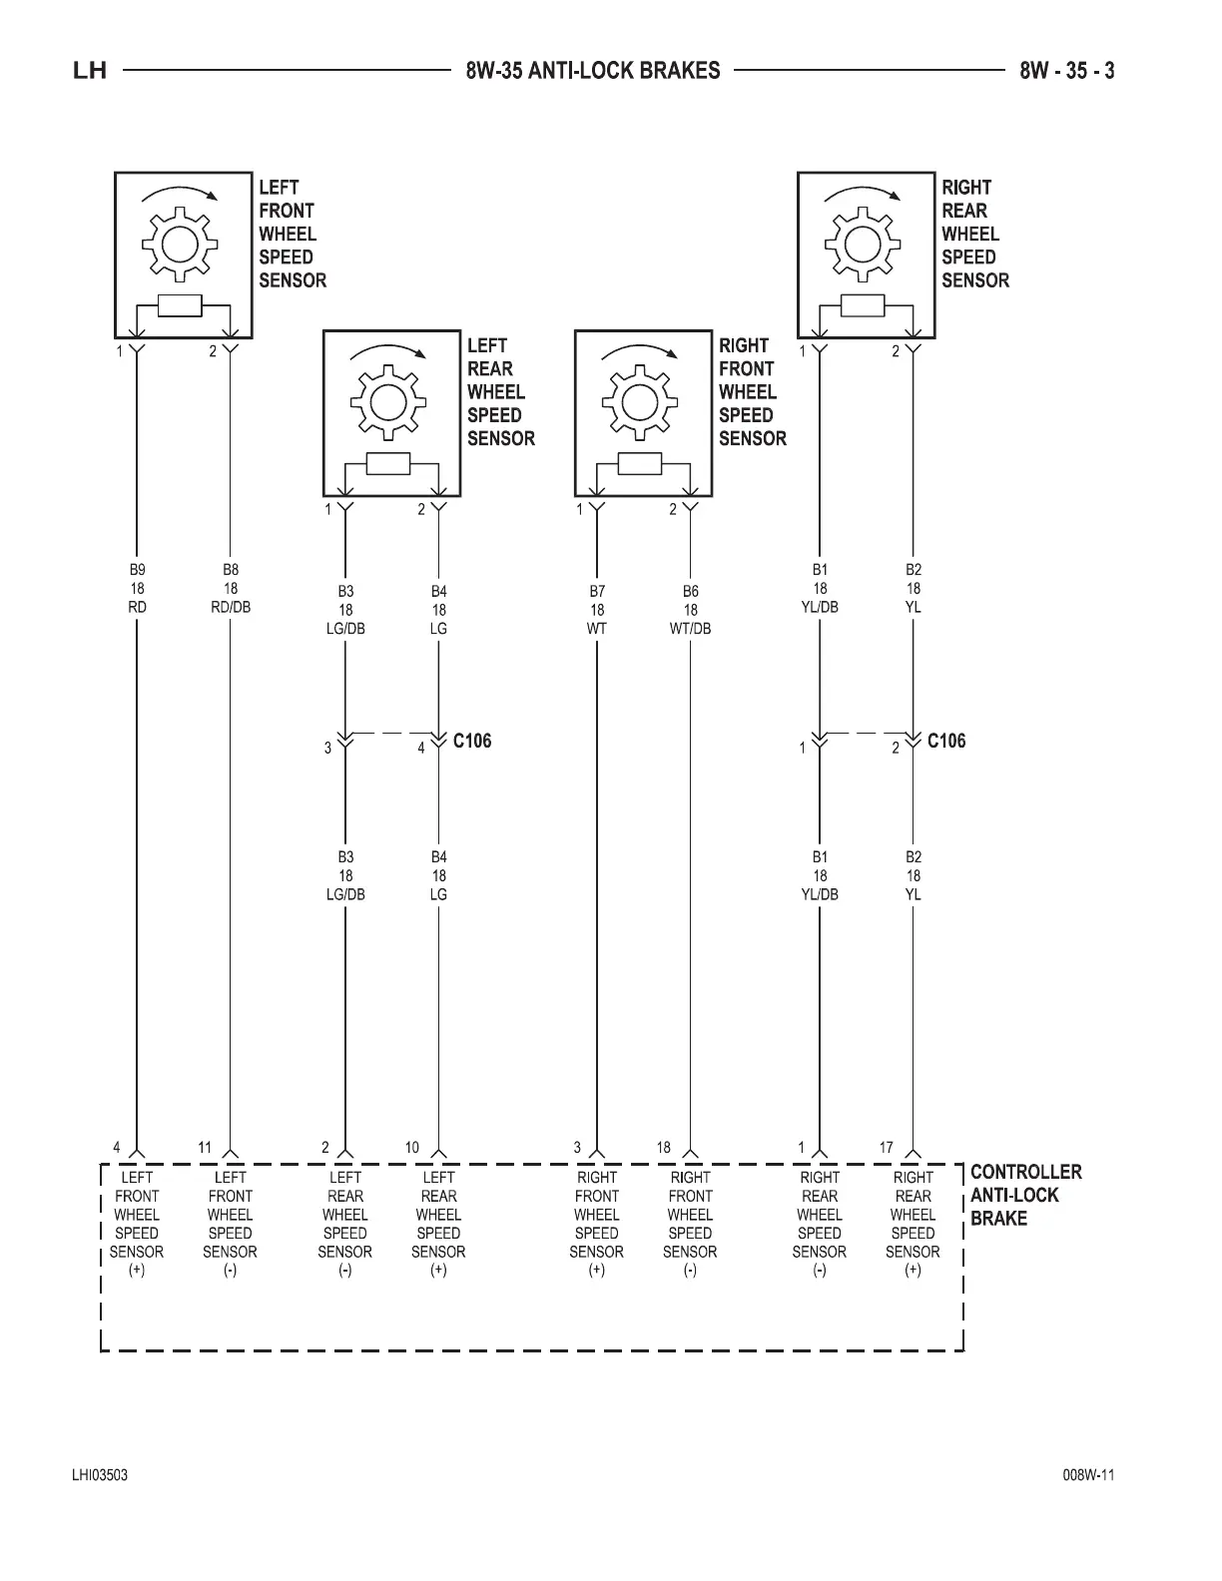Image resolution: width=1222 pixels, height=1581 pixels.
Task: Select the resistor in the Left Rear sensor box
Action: (388, 464)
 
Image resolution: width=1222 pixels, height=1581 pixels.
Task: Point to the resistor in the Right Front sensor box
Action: (640, 464)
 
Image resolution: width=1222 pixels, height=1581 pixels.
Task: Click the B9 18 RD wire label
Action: (138, 588)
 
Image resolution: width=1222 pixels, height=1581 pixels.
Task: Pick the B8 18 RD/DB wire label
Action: (231, 588)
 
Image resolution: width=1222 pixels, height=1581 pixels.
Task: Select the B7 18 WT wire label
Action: (597, 610)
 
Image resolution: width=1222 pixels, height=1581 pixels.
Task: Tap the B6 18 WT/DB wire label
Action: (691, 610)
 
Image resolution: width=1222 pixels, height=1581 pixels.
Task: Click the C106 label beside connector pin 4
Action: (472, 741)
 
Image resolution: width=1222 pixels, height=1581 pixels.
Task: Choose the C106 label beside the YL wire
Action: (946, 741)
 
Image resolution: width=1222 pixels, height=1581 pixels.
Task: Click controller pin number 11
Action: (205, 1148)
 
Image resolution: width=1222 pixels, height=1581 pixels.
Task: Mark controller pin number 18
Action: (664, 1148)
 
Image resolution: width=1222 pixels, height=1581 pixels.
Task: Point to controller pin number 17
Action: (887, 1148)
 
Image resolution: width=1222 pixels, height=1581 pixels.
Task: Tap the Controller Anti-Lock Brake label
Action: (1025, 1195)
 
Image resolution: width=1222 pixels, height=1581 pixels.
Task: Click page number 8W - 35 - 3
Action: (1067, 71)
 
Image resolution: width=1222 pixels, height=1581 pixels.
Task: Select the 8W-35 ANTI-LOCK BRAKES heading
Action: (593, 71)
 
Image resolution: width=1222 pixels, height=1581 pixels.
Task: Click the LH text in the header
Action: (90, 71)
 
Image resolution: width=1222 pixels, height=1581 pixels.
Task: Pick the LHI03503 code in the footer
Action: (99, 1475)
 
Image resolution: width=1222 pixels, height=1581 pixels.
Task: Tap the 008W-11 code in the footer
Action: (1089, 1475)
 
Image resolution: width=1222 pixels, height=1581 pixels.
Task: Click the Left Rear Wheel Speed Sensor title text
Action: (500, 391)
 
